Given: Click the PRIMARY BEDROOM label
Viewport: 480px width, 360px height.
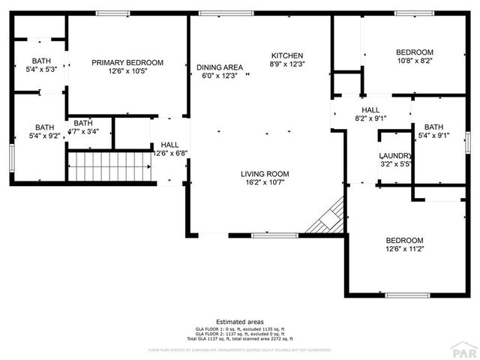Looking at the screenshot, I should coord(127,62).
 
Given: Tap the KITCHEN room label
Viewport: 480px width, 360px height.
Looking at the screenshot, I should coord(286,55).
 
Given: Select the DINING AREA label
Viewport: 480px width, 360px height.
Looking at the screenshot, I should coord(220,67).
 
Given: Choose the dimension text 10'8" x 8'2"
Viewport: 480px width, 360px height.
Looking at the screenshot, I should coord(415,62).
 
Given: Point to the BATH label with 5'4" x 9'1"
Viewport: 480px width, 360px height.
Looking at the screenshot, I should coord(433,127).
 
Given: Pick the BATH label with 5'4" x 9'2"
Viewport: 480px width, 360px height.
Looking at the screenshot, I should coord(44,127).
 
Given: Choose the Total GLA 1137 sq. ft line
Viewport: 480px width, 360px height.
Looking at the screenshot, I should coord(239,337).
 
